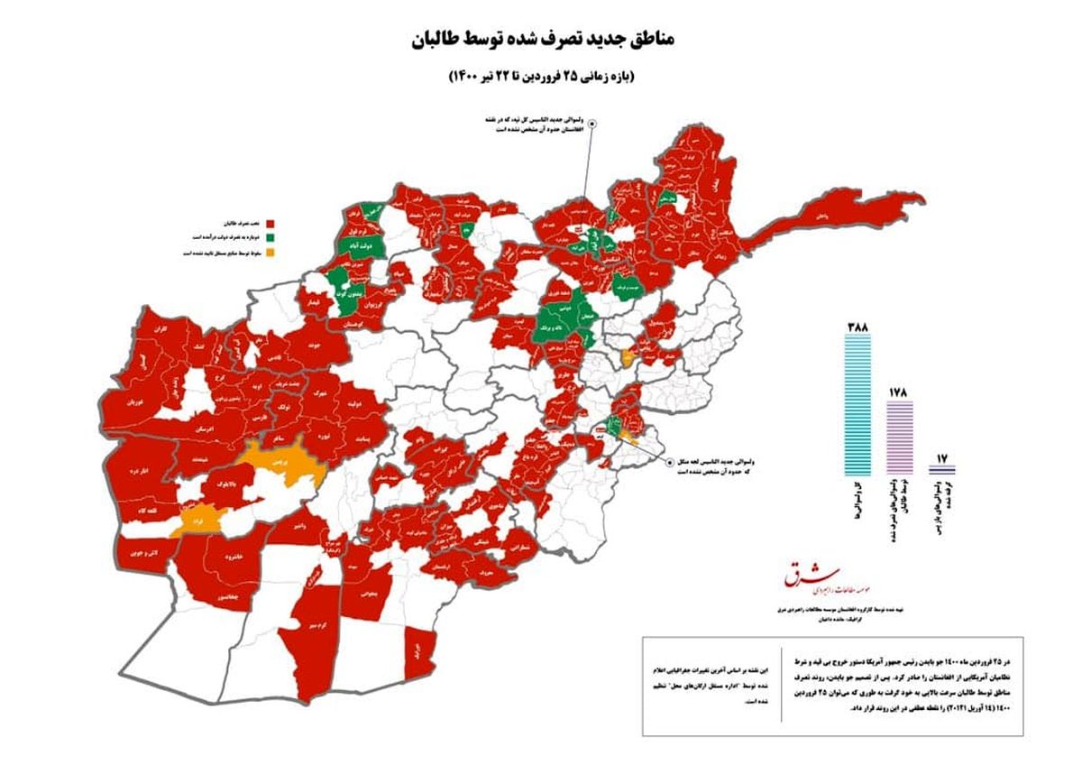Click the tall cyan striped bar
857,406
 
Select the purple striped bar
900,438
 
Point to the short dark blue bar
941,469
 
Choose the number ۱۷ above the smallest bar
941,456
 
